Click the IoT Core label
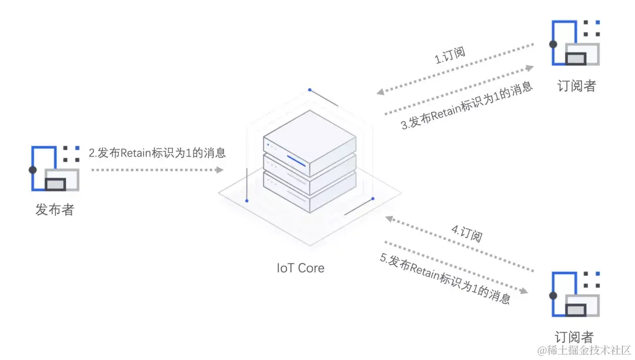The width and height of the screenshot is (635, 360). click(300, 268)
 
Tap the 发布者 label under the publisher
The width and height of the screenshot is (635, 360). click(55, 209)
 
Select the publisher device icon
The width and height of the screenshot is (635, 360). click(55, 168)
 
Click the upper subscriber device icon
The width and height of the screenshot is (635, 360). click(576, 43)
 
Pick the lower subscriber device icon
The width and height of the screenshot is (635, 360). click(576, 294)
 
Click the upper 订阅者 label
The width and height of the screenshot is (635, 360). click(576, 86)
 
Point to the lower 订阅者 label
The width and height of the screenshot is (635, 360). click(574, 337)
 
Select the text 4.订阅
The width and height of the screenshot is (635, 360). click(467, 233)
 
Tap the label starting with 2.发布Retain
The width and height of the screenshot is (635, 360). click(157, 153)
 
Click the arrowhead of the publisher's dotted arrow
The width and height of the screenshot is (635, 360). click(220, 170)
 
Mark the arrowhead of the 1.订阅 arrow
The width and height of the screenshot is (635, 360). click(381, 92)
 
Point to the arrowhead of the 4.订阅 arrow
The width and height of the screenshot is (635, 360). click(388, 218)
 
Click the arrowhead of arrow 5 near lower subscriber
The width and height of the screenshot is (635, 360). click(523, 289)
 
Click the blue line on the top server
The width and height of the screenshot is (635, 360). click(296, 159)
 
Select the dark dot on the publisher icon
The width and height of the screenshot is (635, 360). click(33, 169)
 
